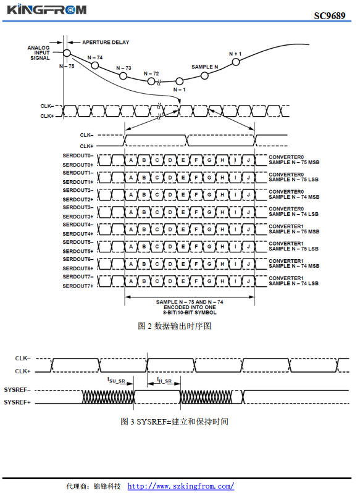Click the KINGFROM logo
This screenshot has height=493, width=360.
tap(46, 9)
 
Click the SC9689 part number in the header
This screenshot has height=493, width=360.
tap(330, 15)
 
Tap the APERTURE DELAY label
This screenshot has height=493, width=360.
tap(106, 42)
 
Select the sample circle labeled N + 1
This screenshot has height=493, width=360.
tap(236, 62)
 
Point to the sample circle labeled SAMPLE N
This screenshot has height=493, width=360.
tap(204, 75)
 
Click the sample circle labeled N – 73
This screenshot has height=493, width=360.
tap(123, 76)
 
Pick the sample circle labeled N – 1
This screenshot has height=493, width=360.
tap(179, 81)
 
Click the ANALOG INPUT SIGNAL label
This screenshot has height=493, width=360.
tap(39, 53)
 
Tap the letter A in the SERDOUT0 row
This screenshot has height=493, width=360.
tap(131, 160)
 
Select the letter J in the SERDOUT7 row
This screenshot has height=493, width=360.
tap(248, 281)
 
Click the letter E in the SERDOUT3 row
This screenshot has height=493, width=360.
tap(183, 212)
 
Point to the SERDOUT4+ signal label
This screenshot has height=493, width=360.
tap(78, 234)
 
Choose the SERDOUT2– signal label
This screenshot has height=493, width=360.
tap(78, 190)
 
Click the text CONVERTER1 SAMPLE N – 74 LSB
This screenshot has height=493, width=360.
tap(293, 281)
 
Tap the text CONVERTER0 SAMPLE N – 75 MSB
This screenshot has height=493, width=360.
tap(294, 160)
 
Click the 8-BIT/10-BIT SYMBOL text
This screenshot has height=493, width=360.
tap(190, 313)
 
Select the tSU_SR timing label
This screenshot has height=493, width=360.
tap(116, 381)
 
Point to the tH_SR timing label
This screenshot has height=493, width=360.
tap(164, 381)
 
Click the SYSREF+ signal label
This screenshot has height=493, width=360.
tap(17, 402)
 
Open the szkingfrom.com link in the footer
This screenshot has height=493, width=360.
tap(181, 486)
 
